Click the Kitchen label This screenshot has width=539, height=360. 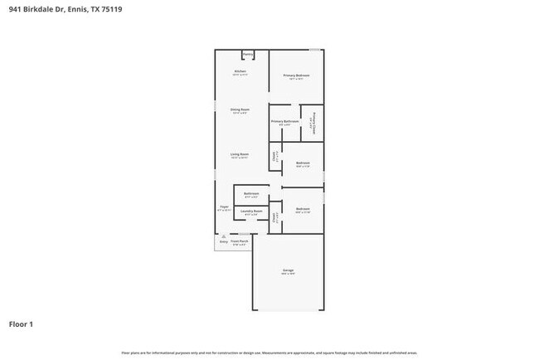coord(240,72)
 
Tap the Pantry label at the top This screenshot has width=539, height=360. coord(247,55)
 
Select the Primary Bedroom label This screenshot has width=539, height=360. coord(295,76)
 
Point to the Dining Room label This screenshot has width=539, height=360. coord(240,109)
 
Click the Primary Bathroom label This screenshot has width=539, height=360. coord(284,122)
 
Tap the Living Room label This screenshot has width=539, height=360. coord(240,154)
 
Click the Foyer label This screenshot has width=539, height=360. coord(224,207)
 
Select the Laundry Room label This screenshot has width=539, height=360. coord(251,212)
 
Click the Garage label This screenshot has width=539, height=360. coord(288,270)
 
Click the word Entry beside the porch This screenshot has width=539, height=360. coord(223,242)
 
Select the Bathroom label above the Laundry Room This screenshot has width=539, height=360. coord(252,193)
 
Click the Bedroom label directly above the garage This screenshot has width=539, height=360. coord(303,209)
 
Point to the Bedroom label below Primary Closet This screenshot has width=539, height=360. coord(303,163)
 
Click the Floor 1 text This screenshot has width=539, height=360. coord(22,324)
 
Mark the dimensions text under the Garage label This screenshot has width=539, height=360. coord(288,275)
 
